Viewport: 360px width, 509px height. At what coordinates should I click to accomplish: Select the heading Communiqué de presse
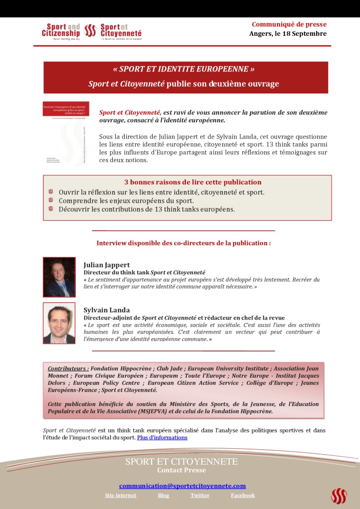pyautogui.click(x=289, y=24)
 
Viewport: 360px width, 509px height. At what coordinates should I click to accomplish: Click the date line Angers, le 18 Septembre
pyautogui.click(x=288, y=34)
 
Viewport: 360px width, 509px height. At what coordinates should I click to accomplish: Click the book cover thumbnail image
pyautogui.click(x=65, y=134)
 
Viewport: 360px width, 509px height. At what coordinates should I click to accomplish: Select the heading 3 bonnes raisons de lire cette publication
pyautogui.click(x=192, y=182)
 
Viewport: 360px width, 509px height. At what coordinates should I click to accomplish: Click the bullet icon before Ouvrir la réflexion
pyautogui.click(x=51, y=192)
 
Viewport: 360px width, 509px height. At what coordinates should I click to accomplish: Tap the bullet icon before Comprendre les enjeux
pyautogui.click(x=51, y=200)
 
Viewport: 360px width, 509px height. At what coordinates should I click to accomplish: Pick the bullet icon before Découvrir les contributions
pyautogui.click(x=51, y=209)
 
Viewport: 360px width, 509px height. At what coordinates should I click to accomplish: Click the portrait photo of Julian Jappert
pyautogui.click(x=59, y=277)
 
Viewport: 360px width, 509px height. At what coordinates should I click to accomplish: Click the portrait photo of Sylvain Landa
pyautogui.click(x=59, y=323)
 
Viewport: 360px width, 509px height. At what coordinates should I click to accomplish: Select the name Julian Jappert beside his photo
pyautogui.click(x=106, y=265)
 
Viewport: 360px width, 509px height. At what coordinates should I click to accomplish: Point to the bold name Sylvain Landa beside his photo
pyautogui.click(x=107, y=310)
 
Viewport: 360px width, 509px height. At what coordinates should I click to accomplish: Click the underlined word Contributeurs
pyautogui.click(x=68, y=369)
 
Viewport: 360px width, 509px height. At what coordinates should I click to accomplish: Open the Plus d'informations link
pyautogui.click(x=162, y=437)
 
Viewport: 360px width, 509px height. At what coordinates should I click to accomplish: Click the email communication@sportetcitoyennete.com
pyautogui.click(x=182, y=486)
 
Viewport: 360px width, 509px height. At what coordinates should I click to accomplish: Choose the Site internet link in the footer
pyautogui.click(x=120, y=495)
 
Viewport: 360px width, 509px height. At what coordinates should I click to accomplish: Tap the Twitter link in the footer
pyautogui.click(x=200, y=495)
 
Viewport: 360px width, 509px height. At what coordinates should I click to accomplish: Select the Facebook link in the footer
pyautogui.click(x=243, y=495)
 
